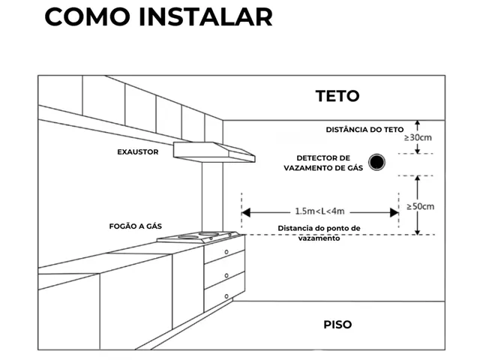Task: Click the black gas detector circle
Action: (x=376, y=162)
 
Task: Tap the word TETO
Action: (x=337, y=96)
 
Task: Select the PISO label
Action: (x=337, y=325)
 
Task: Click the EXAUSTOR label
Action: (x=138, y=151)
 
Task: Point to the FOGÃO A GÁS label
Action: (x=135, y=226)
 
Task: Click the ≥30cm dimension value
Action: (x=418, y=138)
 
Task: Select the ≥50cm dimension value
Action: (x=420, y=207)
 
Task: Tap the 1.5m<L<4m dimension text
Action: (x=319, y=211)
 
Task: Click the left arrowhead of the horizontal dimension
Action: (x=246, y=212)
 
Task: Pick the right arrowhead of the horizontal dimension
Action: (x=394, y=212)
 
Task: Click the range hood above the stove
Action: (x=214, y=152)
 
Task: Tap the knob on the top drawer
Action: (x=226, y=252)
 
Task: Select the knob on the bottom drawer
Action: (x=226, y=296)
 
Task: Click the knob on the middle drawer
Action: (x=226, y=275)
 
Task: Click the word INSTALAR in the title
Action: (x=205, y=17)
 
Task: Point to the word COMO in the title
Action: (x=87, y=17)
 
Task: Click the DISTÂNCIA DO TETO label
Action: (x=364, y=130)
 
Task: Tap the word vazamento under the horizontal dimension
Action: (x=319, y=238)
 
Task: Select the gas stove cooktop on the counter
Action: (x=198, y=237)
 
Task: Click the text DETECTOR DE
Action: (x=323, y=158)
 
